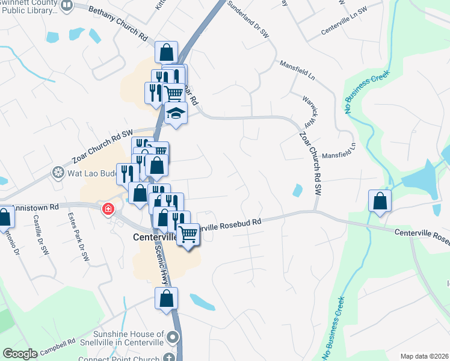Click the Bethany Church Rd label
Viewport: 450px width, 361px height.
pos(118,23)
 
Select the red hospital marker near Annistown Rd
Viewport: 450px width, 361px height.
pos(108,209)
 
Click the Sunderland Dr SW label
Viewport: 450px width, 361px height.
pos(248,19)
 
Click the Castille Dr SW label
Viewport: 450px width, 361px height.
pos(42,234)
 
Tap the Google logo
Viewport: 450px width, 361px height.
pos(20,354)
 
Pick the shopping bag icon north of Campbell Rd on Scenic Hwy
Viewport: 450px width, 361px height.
pos(167,298)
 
